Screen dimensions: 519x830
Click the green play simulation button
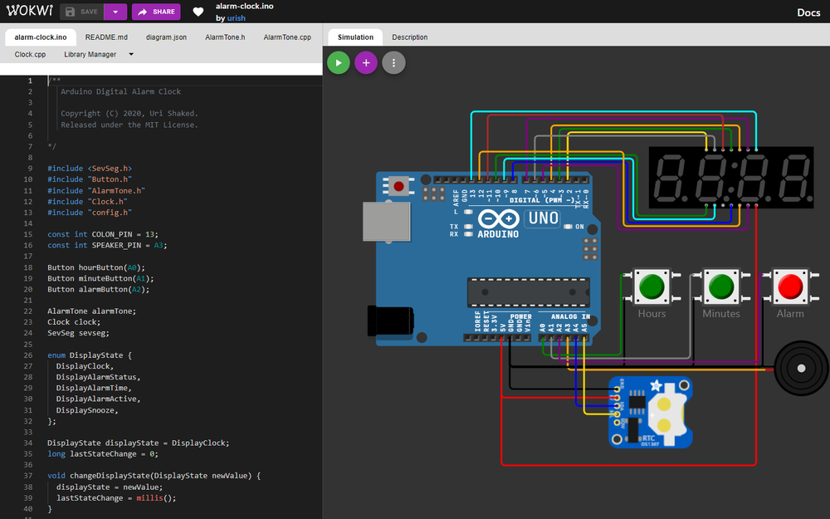click(338, 62)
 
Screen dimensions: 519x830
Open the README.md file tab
click(106, 37)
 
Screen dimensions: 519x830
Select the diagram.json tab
click(166, 37)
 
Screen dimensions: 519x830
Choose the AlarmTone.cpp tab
click(287, 37)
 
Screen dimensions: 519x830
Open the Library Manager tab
click(90, 55)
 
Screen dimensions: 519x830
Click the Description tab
click(410, 37)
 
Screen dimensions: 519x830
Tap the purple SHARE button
click(156, 12)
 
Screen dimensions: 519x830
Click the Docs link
click(808, 12)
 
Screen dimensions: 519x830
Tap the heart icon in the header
click(198, 12)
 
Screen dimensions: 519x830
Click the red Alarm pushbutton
click(789, 286)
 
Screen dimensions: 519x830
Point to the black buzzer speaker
click(801, 367)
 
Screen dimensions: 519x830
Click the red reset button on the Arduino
click(398, 186)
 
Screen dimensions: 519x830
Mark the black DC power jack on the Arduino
click(390, 319)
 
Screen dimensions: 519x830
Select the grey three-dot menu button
click(393, 62)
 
